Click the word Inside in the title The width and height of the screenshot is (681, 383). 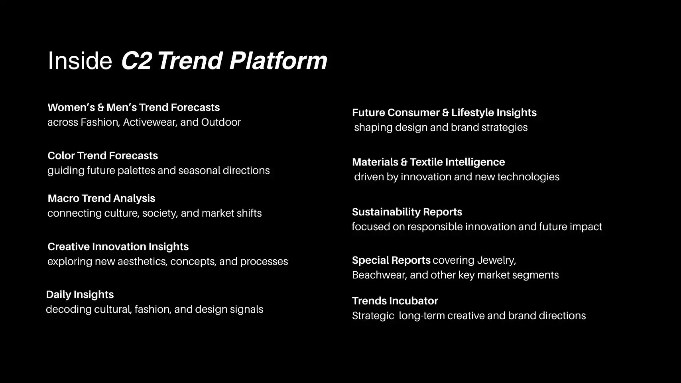80,61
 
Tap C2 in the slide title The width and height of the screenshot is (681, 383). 136,61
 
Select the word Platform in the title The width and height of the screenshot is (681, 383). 278,61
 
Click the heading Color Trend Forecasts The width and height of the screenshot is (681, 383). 102,156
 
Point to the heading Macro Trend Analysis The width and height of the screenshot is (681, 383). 101,198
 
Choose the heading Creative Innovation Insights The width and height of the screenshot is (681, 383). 118,247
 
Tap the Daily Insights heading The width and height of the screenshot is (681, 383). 80,294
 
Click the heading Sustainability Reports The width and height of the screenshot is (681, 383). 407,212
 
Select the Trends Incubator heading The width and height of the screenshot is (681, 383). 395,301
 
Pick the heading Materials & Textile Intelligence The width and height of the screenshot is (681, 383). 428,162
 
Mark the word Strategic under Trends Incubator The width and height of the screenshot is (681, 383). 373,316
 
